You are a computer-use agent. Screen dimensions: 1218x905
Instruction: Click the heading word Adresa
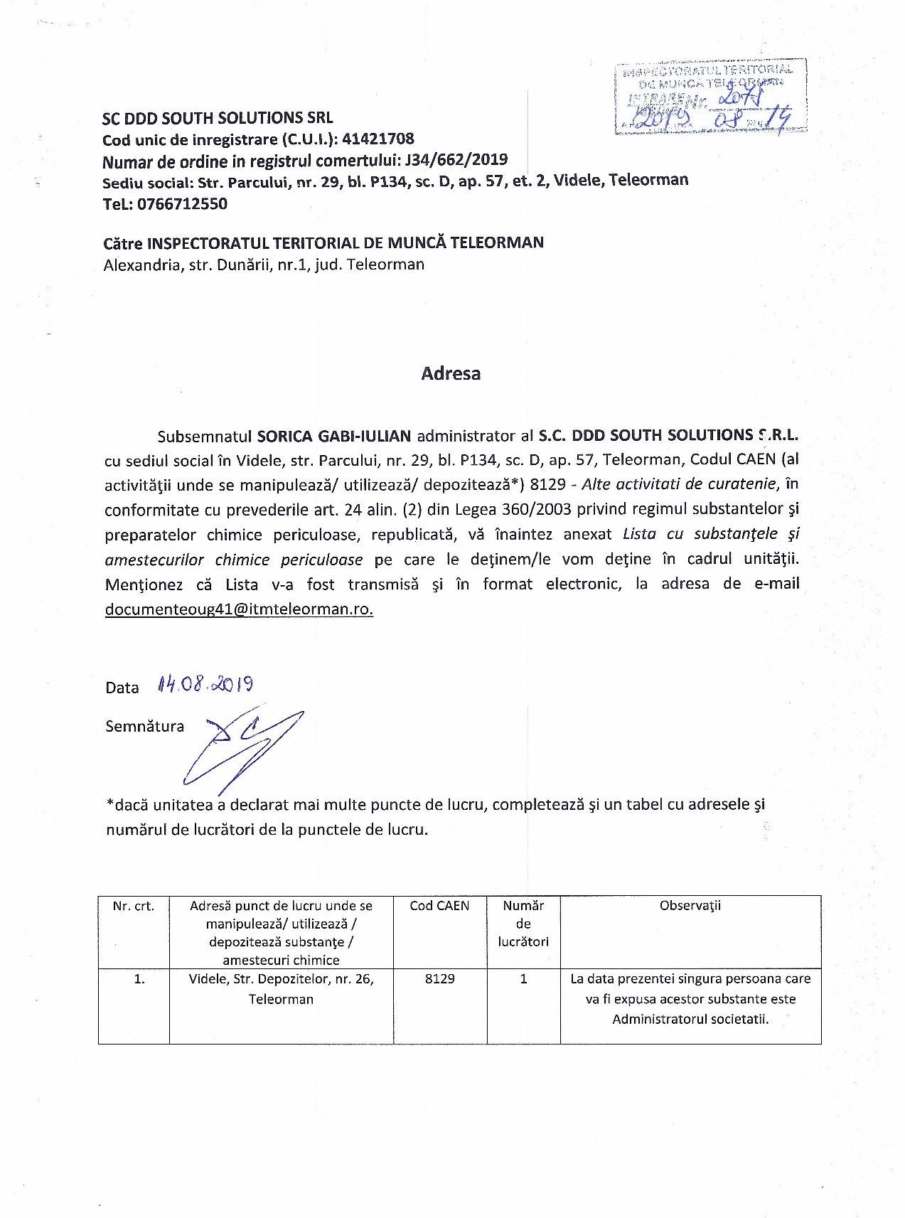pos(451,374)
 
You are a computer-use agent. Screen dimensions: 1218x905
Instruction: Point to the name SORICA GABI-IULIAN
pos(334,435)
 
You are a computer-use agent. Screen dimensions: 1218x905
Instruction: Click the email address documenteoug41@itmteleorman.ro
pos(239,609)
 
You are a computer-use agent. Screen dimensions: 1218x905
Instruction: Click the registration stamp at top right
pos(711,98)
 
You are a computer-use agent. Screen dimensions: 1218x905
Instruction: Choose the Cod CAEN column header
pos(440,906)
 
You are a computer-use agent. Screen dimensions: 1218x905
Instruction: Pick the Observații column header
pos(690,906)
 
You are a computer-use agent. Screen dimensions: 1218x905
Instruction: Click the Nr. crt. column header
pos(134,906)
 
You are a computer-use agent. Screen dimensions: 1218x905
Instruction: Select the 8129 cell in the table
pos(440,979)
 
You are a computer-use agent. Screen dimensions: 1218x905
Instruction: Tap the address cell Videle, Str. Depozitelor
pos(282,988)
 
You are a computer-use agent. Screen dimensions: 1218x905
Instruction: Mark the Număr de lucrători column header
pos(523,924)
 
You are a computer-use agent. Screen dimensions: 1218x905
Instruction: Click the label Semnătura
pos(144,727)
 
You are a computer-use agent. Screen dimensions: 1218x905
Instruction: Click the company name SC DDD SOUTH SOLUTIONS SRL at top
pos(218,118)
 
